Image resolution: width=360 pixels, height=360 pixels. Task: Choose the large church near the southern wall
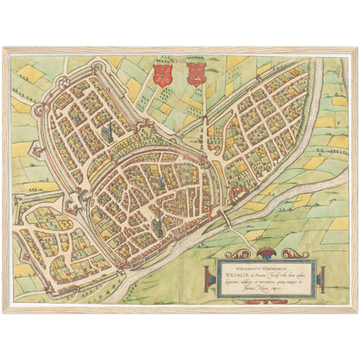[x=157, y=223]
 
